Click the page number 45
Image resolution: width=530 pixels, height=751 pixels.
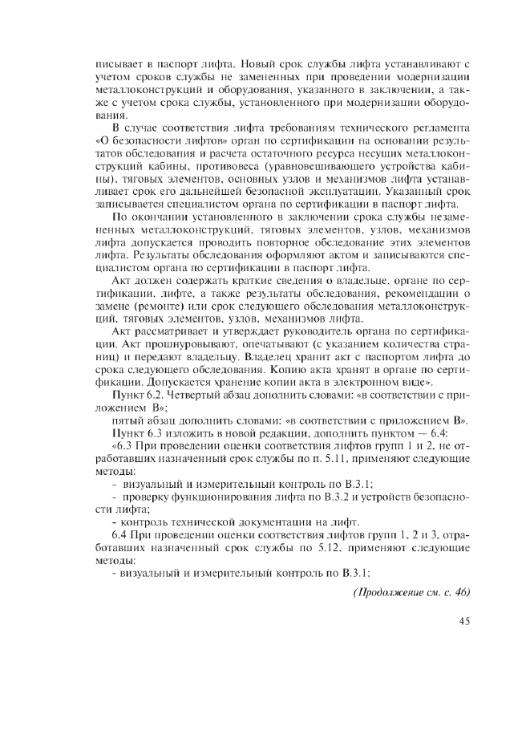(463, 622)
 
